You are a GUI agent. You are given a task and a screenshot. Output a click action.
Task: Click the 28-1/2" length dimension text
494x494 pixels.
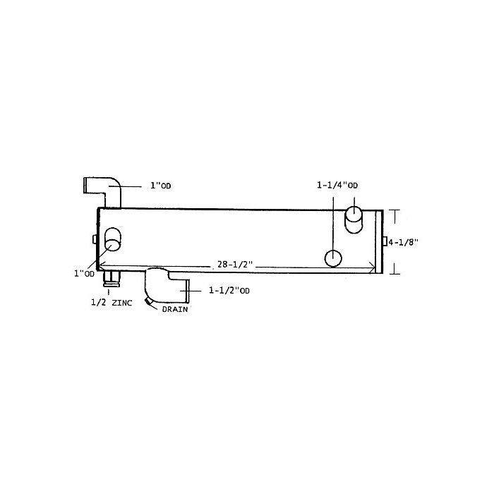pos(235,264)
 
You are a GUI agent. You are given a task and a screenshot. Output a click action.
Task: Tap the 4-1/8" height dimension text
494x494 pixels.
pos(403,242)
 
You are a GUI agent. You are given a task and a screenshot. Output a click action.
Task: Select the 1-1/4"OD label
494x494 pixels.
pos(337,185)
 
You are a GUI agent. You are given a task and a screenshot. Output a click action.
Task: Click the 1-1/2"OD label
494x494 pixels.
pos(229,290)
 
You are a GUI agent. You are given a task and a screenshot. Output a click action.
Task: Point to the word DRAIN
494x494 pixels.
pos(175,309)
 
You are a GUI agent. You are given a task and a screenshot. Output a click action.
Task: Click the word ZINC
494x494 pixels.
pos(122,303)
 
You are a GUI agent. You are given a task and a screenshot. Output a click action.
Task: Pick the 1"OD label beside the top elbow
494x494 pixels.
pos(161,186)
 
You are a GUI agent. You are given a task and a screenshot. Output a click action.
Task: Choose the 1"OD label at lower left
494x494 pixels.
pos(84,274)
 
